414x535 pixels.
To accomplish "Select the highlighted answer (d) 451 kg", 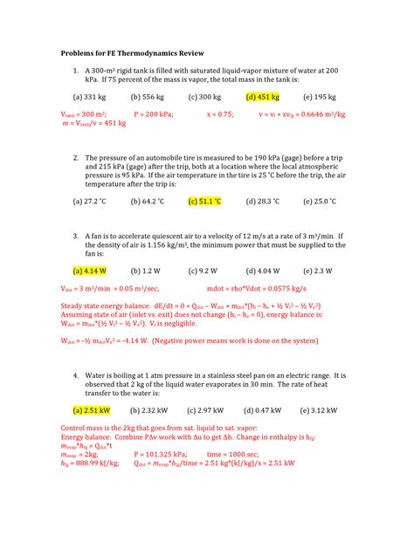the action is pos(263,98).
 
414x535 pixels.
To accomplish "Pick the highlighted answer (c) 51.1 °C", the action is pos(205,202).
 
